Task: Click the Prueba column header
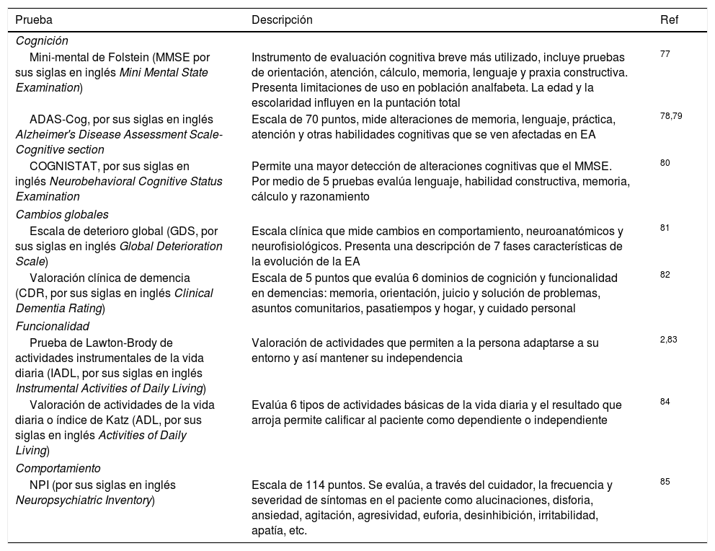(x=34, y=20)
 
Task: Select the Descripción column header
(x=282, y=20)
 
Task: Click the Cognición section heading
(x=42, y=41)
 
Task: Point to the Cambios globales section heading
(x=61, y=214)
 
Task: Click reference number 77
(x=665, y=53)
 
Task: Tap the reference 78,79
(x=671, y=115)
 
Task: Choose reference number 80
(x=665, y=163)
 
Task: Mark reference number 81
(x=665, y=228)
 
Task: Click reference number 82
(x=665, y=275)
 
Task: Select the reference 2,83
(x=669, y=340)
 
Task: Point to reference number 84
(x=665, y=402)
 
